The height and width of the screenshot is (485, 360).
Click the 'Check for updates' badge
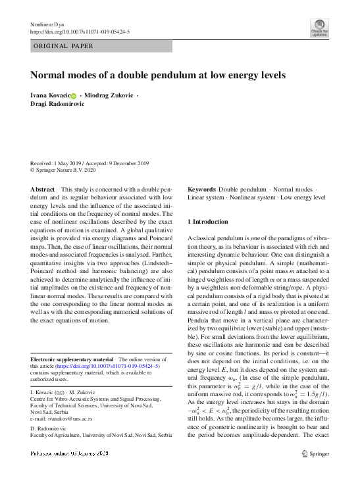tap(319, 27)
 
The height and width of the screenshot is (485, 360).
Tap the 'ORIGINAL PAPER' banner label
tap(63, 46)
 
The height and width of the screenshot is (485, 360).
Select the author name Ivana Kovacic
tap(50, 95)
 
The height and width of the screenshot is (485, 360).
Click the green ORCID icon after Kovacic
tap(74, 96)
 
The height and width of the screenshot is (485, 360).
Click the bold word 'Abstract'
tap(43, 189)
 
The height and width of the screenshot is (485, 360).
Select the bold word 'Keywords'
tap(201, 189)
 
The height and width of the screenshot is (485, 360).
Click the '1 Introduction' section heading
tap(207, 222)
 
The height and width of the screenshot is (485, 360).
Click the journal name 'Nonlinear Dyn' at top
tap(50, 24)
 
